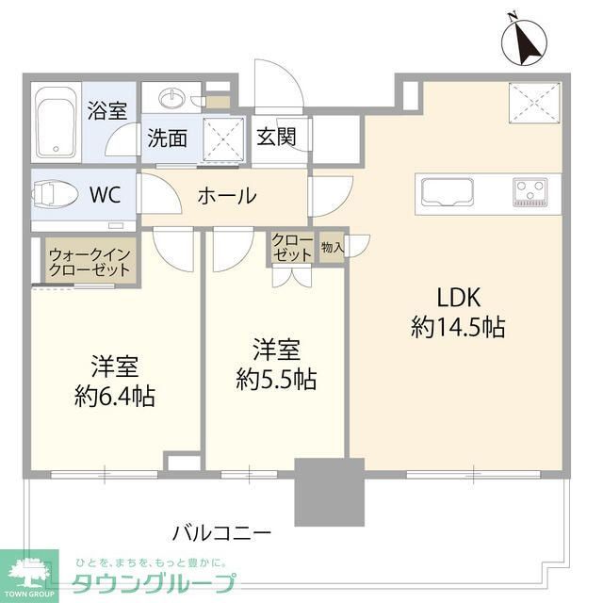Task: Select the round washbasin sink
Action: [173, 98]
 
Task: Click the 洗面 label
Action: [167, 138]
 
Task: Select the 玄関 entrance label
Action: [274, 138]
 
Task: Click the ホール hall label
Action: [226, 196]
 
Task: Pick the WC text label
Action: [105, 196]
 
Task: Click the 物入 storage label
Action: [332, 247]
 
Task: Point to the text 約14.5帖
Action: [458, 327]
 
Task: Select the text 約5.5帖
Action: [276, 380]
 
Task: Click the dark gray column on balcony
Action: [329, 492]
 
